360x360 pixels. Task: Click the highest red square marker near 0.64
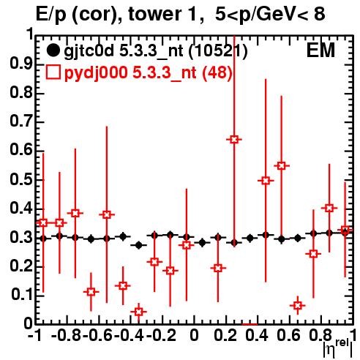pos(234,140)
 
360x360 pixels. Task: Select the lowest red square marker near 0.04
pos(138,312)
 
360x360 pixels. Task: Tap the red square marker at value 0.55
pos(282,166)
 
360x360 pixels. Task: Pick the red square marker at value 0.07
pos(298,305)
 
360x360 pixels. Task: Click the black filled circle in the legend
pos(53,51)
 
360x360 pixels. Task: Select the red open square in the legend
pos(53,72)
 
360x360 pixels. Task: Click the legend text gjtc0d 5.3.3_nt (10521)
pos(156,52)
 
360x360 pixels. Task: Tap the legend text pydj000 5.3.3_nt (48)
pos(148,72)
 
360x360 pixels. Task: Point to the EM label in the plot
pos(320,50)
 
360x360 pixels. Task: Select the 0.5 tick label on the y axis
pos(21,179)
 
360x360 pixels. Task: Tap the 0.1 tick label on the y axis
pos(22,295)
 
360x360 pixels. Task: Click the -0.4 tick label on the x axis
pos(130,335)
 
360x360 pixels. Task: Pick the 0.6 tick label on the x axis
pos(288,335)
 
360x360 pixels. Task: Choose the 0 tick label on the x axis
pos(194,335)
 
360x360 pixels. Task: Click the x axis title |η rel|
pos(338,349)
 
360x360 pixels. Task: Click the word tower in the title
pos(157,14)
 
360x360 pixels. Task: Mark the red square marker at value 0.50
pos(266,181)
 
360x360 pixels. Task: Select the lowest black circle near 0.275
pos(138,245)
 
